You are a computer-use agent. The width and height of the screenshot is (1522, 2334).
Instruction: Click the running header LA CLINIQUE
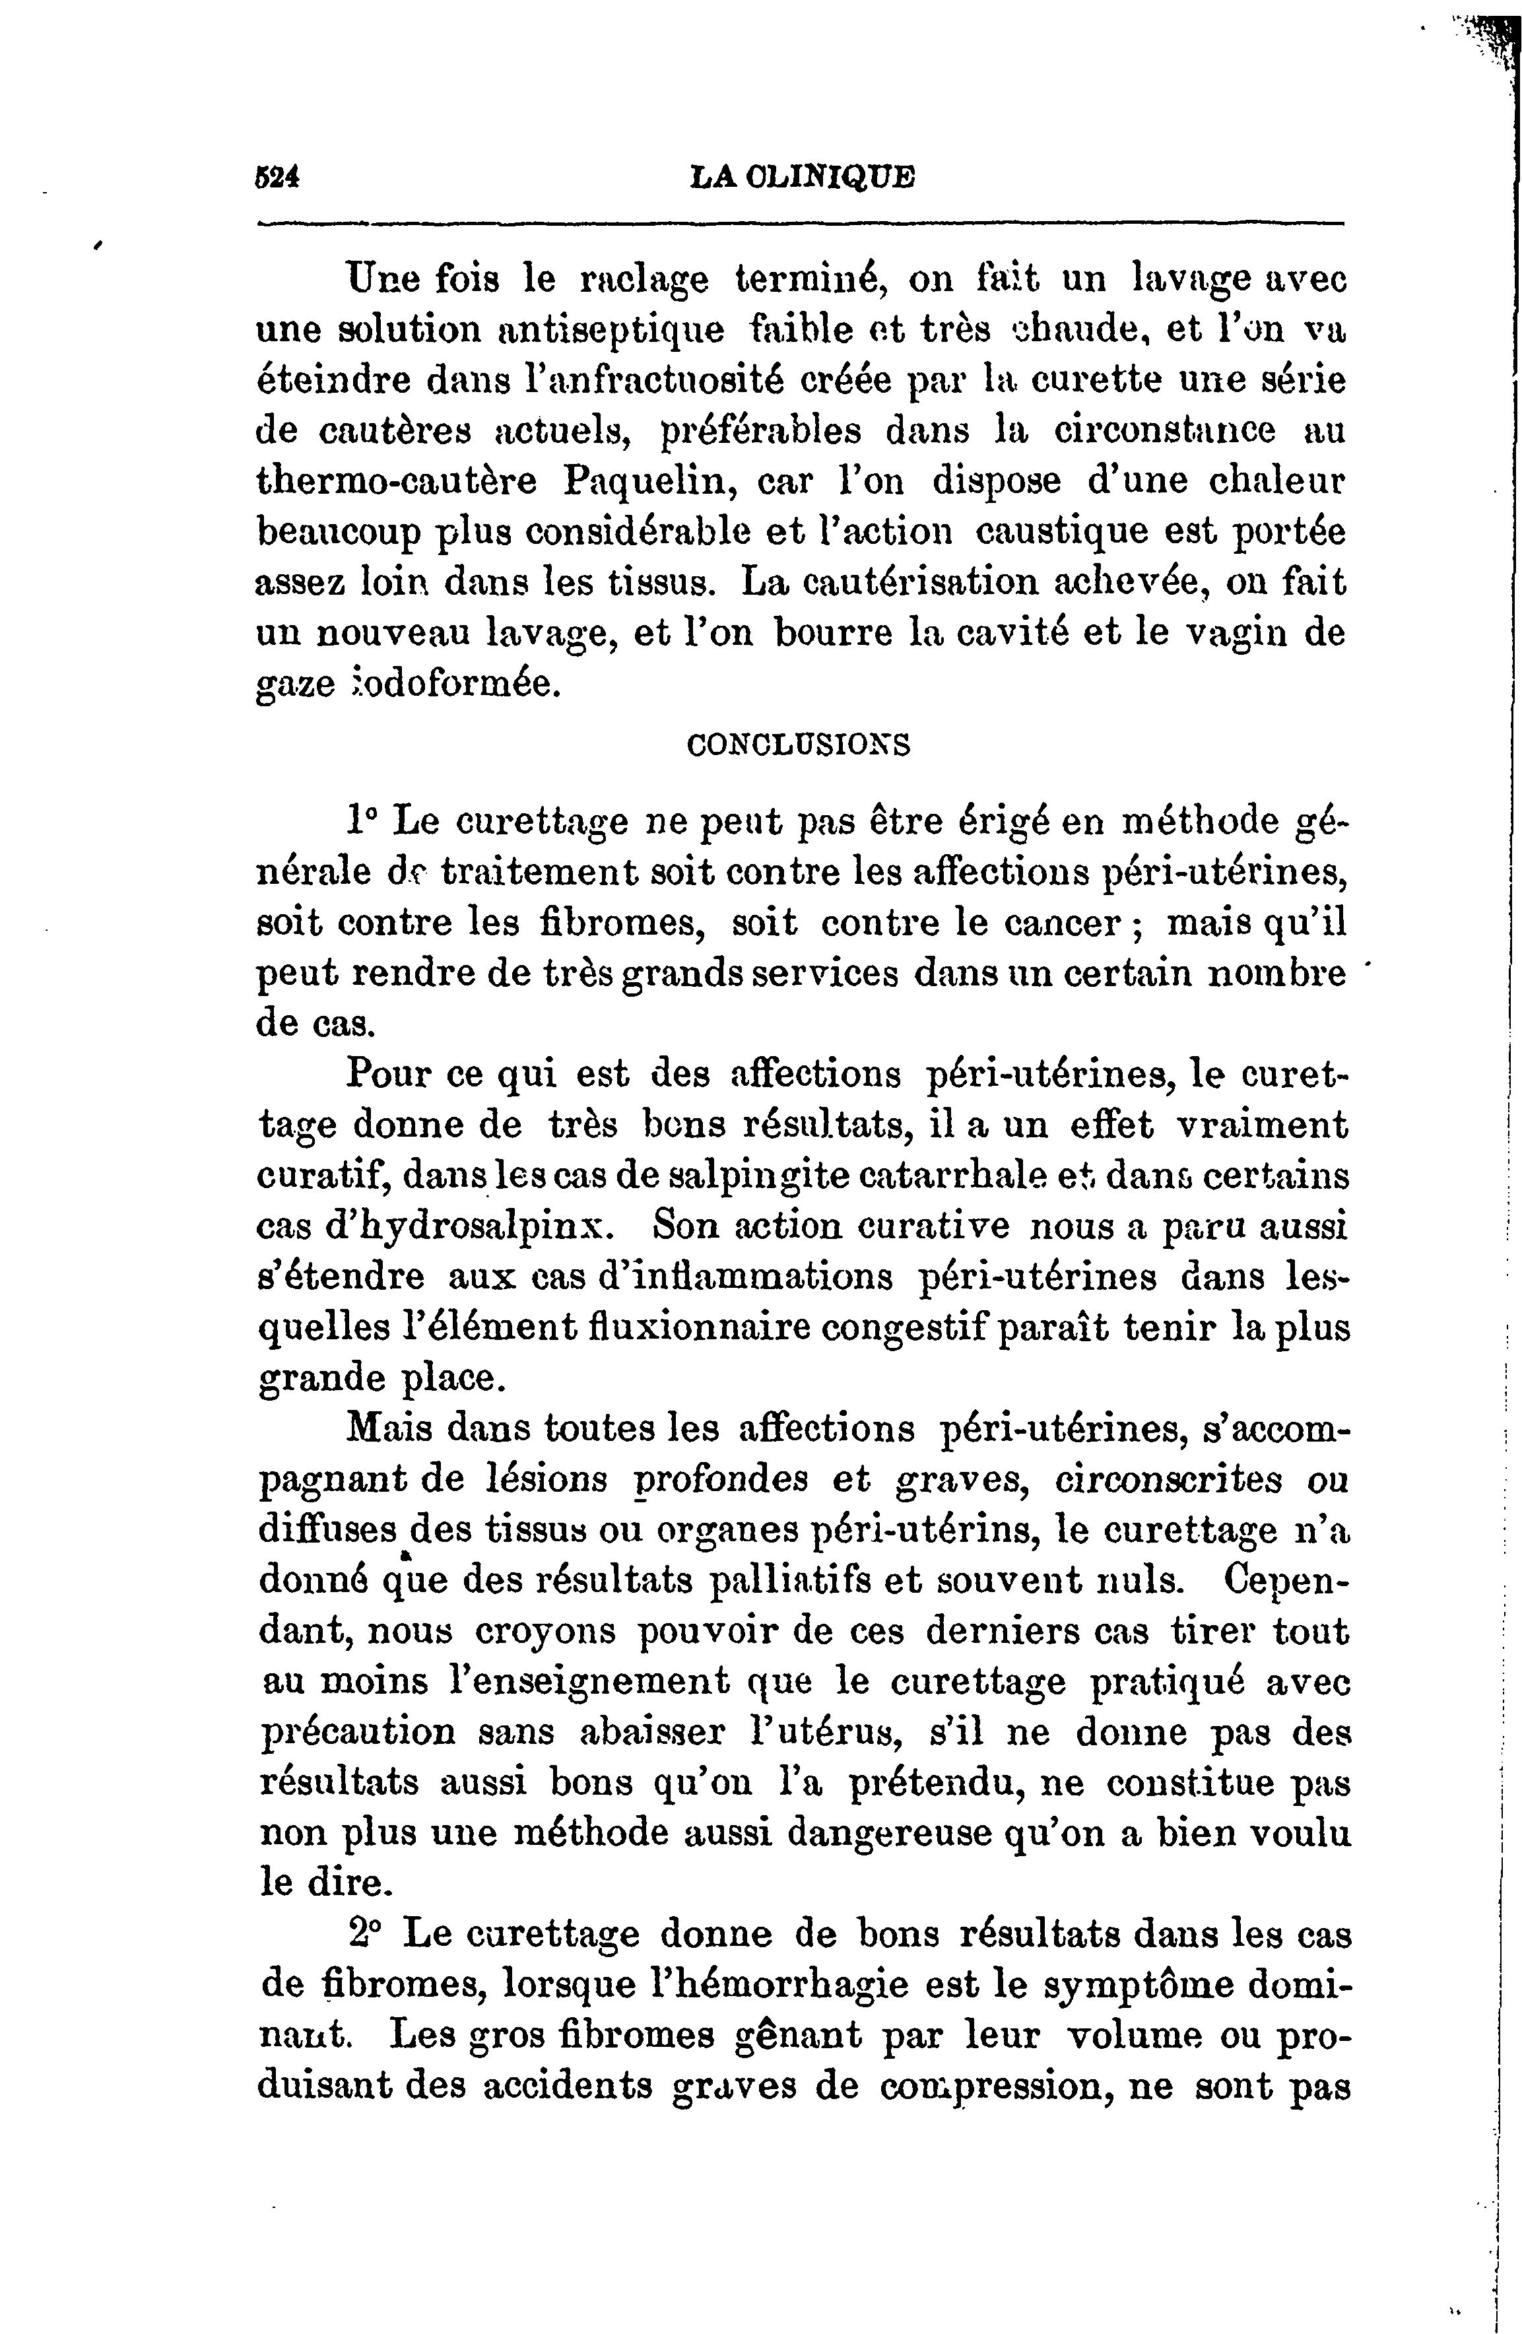801,178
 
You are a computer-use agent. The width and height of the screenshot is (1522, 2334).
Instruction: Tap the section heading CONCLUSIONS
798,745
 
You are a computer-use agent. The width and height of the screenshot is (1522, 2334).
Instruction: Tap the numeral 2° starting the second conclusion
366,1934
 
